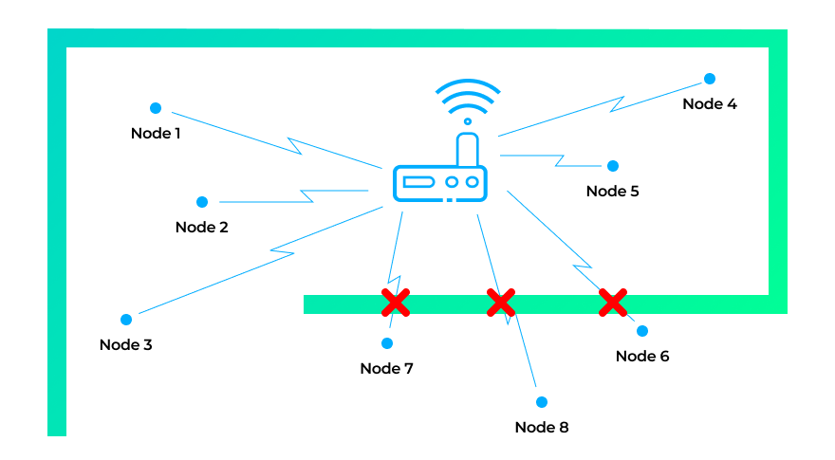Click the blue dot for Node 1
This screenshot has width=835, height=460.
click(156, 108)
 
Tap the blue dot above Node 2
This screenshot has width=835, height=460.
click(202, 202)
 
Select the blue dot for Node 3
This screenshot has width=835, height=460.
click(126, 320)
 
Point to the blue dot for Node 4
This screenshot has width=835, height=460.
click(709, 79)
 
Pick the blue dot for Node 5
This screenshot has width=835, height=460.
click(613, 166)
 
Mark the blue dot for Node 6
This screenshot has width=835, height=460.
click(642, 331)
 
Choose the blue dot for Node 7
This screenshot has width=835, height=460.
click(387, 342)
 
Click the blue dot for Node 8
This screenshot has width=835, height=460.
click(542, 402)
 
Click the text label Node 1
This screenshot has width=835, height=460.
click(156, 134)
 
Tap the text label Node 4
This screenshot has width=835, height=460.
click(710, 104)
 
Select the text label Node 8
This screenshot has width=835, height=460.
click(542, 428)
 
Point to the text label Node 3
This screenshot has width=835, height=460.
click(126, 345)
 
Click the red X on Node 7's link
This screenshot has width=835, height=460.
click(396, 303)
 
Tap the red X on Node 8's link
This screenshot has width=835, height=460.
click(500, 303)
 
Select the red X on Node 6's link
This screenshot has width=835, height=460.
click(613, 303)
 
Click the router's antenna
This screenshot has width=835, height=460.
click(467, 149)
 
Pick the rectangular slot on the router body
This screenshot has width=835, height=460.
click(417, 181)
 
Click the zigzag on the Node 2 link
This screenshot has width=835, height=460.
click(306, 196)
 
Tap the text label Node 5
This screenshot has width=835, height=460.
click(613, 192)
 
